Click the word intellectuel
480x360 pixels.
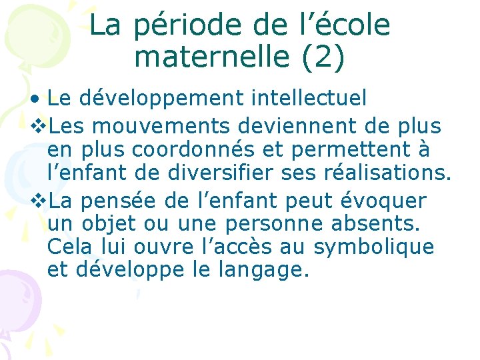pyautogui.click(x=309, y=99)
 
